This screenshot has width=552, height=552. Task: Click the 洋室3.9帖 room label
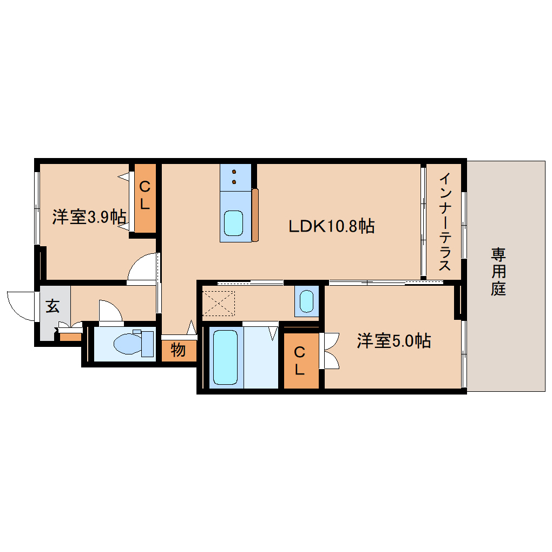point(89,218)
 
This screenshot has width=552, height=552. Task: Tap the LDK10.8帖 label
point(331,226)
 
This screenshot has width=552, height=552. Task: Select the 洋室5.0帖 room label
point(393,341)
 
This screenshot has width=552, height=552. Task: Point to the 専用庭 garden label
point(498,271)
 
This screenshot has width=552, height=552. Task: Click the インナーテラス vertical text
point(444,222)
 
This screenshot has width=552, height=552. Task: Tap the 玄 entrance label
point(52,306)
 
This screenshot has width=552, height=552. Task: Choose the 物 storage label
point(178,351)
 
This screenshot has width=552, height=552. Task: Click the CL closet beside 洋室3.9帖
point(144,196)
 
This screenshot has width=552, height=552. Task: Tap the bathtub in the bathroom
point(225,357)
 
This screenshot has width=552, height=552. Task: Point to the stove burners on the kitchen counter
point(234,176)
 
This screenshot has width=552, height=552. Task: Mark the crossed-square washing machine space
point(219,304)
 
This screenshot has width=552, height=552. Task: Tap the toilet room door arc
point(110,311)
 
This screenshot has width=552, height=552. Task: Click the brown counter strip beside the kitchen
point(255,215)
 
